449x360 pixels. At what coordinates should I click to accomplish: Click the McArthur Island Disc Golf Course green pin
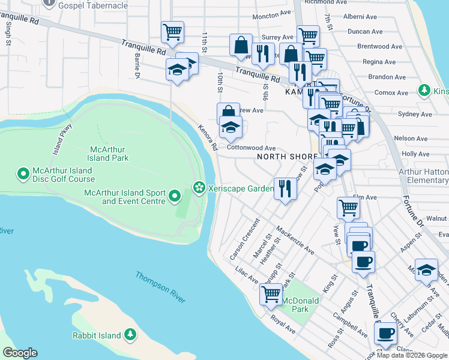click(23, 174)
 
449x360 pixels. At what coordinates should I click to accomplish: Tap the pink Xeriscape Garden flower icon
click(198, 188)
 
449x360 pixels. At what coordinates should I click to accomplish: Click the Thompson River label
click(160, 283)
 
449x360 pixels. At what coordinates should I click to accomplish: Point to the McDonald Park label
click(289, 304)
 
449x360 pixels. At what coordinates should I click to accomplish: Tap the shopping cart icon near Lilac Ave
click(271, 294)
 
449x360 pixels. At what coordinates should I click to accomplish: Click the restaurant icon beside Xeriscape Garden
click(285, 189)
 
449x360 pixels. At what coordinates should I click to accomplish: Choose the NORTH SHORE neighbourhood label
click(286, 157)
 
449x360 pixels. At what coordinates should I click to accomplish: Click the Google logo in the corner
click(20, 353)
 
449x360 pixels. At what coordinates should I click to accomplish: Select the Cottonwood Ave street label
click(251, 148)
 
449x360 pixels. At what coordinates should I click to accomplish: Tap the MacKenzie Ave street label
click(295, 239)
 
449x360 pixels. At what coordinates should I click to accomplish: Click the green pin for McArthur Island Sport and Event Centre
click(175, 196)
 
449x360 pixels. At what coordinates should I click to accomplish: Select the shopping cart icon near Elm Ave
click(348, 208)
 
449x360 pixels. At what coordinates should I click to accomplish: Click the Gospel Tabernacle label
click(94, 5)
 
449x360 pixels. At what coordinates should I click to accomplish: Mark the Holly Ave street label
click(415, 154)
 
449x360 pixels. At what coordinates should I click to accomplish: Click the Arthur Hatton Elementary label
click(427, 176)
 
